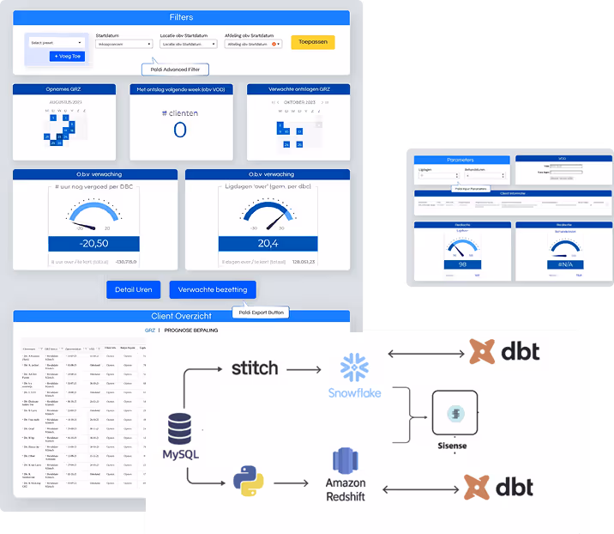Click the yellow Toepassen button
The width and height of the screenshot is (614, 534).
(x=312, y=42)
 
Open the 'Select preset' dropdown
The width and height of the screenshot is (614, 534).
(x=57, y=42)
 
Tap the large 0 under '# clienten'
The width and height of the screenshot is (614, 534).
(x=180, y=130)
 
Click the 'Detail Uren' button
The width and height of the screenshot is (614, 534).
(x=133, y=289)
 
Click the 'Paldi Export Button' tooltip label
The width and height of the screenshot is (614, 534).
(x=262, y=313)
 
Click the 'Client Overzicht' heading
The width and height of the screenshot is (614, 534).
(x=181, y=316)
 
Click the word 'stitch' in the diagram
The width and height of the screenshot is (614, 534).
(x=255, y=367)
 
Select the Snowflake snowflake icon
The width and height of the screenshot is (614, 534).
(x=354, y=367)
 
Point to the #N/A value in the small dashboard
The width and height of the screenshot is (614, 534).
(x=563, y=264)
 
